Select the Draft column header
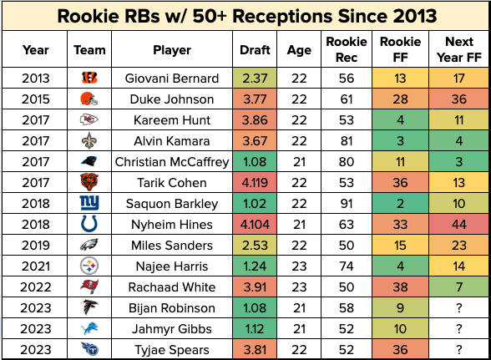coord(255,49)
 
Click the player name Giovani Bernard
coord(172,78)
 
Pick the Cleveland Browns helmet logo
coord(89,99)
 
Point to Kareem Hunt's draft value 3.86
coord(255,120)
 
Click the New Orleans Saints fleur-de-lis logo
coord(89,141)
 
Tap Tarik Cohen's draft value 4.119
coord(255,183)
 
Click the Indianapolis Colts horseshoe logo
coord(89,225)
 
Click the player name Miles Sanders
coord(172,246)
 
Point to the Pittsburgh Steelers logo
coord(89,266)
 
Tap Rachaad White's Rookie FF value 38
coord(399,287)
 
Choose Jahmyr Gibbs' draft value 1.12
coord(255,329)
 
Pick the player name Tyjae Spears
coord(172,350)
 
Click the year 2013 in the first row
coord(33,78)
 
